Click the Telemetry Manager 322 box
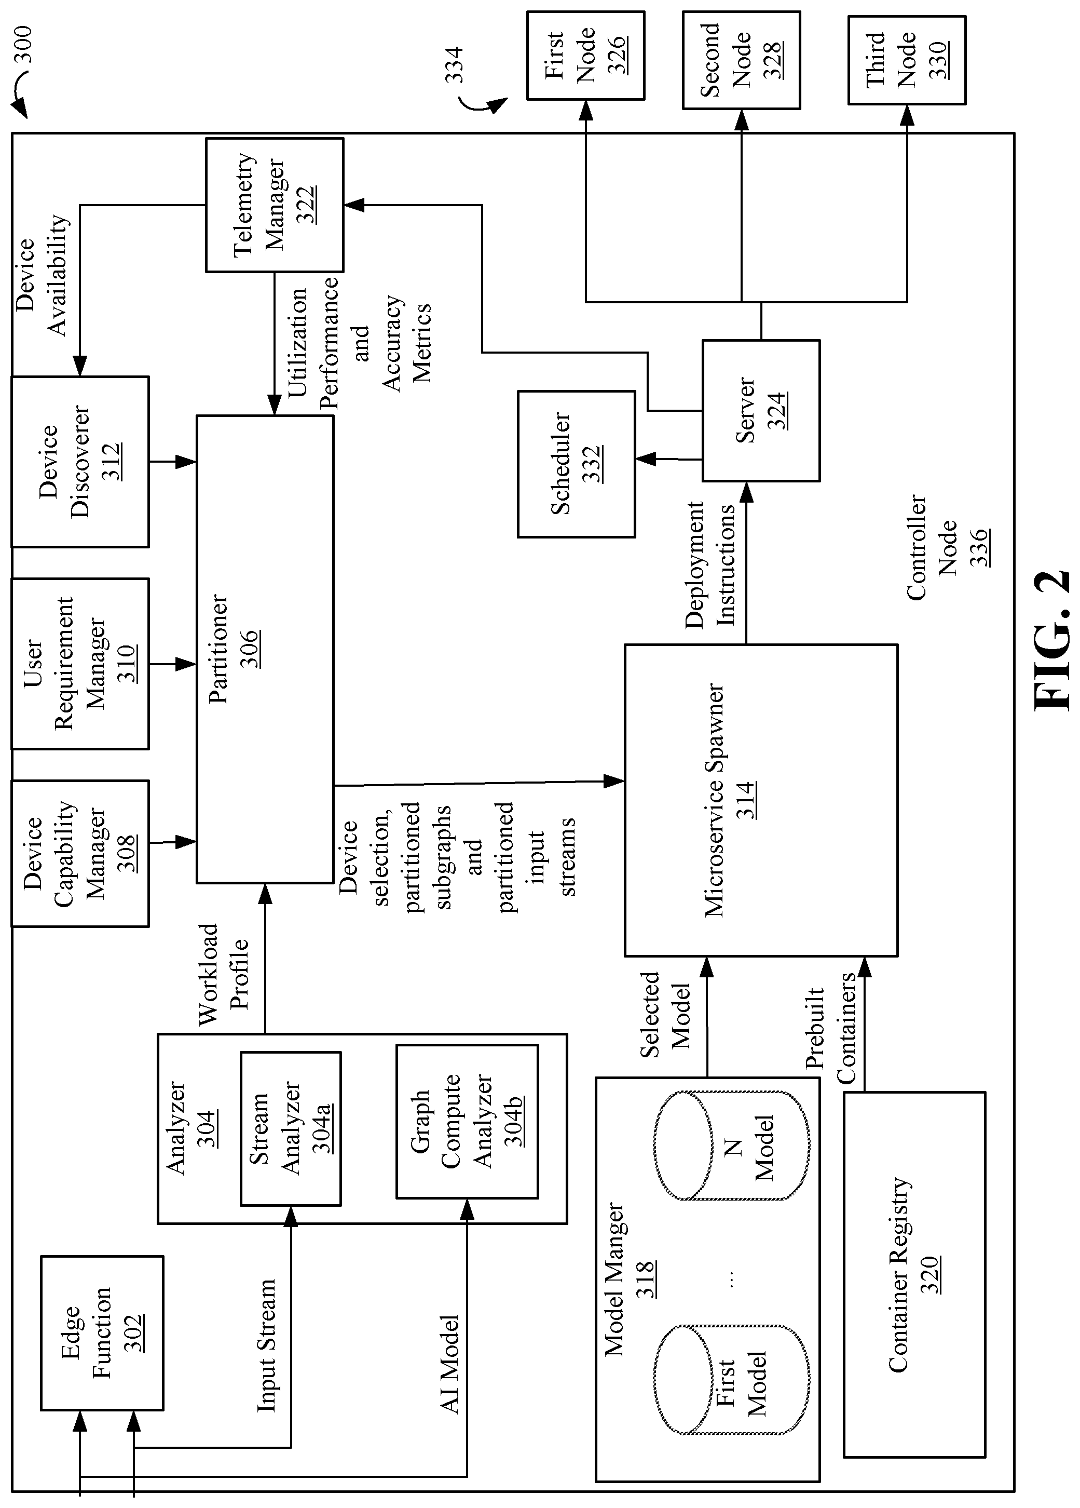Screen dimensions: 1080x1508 click(275, 205)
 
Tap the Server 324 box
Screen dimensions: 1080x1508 click(761, 410)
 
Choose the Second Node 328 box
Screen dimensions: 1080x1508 click(741, 60)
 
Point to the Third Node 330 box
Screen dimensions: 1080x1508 click(907, 60)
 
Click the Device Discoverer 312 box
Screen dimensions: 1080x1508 click(80, 462)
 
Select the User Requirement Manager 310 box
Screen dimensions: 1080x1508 click(80, 664)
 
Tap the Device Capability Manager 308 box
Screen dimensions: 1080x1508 click(80, 853)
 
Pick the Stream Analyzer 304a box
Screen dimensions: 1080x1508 click(291, 1128)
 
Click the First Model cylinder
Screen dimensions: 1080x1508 click(732, 1380)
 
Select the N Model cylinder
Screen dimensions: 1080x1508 click(732, 1145)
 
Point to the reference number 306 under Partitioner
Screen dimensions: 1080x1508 click(249, 648)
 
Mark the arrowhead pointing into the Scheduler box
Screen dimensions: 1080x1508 click(644, 459)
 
